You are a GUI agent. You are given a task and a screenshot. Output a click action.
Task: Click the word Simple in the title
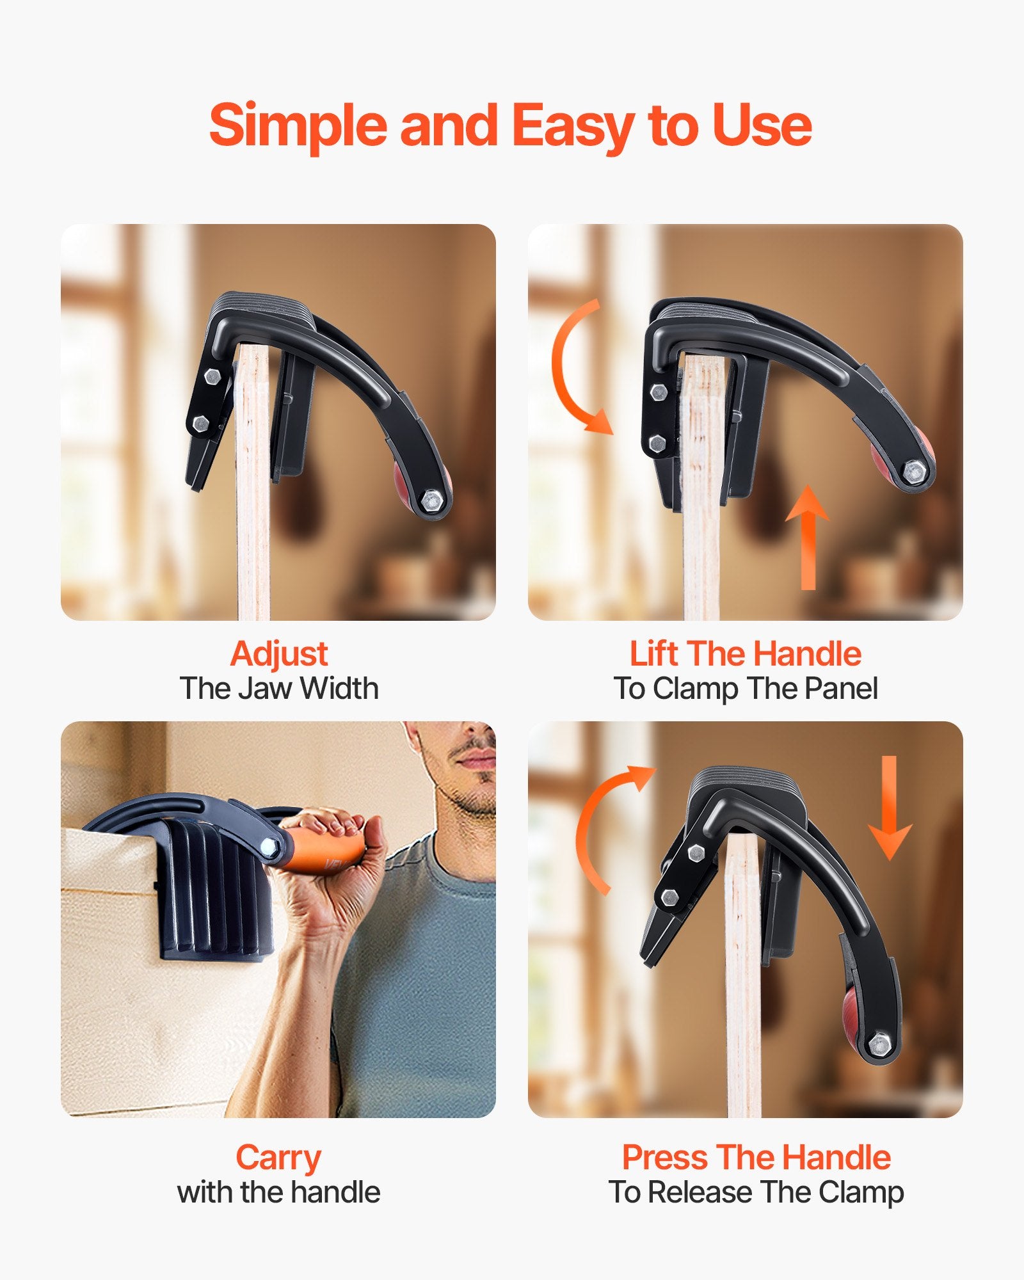tap(298, 125)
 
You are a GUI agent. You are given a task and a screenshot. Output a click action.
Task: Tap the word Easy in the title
tap(573, 125)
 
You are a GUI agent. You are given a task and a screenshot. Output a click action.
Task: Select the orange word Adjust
tap(279, 654)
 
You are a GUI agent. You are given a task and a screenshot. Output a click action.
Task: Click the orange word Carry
tap(278, 1158)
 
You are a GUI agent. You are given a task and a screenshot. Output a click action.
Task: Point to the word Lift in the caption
tap(653, 654)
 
